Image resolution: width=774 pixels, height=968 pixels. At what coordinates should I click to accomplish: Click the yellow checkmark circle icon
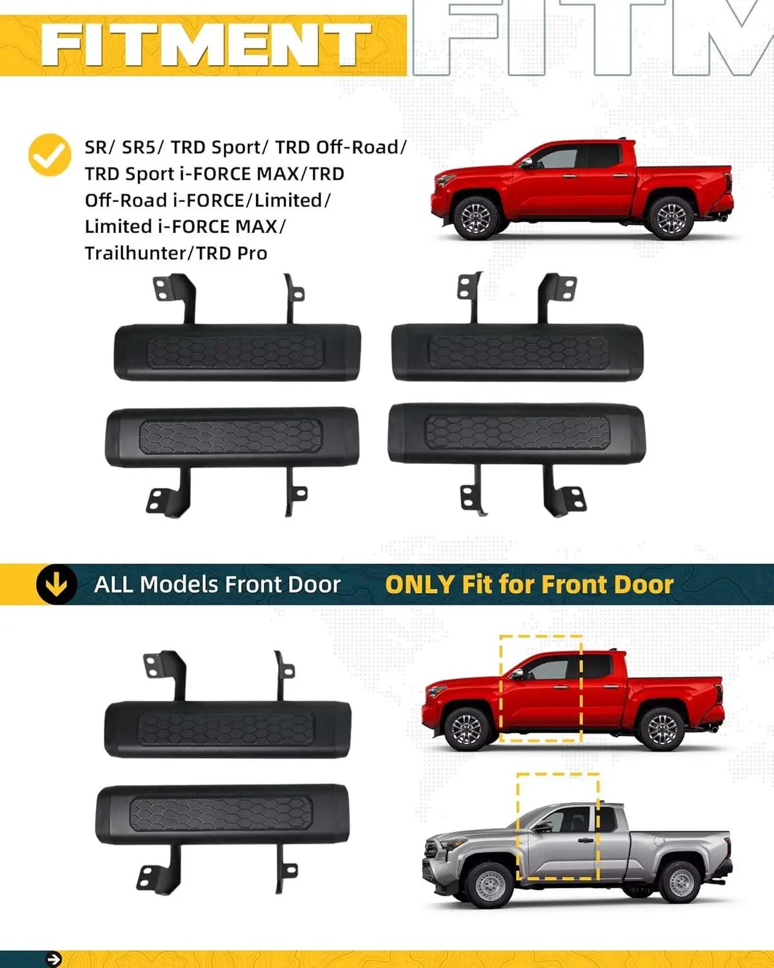pos(50,156)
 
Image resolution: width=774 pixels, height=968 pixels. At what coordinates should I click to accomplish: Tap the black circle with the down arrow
pos(56,584)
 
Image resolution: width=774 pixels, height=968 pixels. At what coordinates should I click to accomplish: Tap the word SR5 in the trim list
pos(139,148)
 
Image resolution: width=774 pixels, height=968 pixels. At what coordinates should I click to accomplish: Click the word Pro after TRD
pos(251,253)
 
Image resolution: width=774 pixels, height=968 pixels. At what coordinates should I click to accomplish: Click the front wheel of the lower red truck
pos(466,729)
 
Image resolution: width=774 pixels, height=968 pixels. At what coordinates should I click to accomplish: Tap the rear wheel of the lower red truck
pos(662,728)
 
